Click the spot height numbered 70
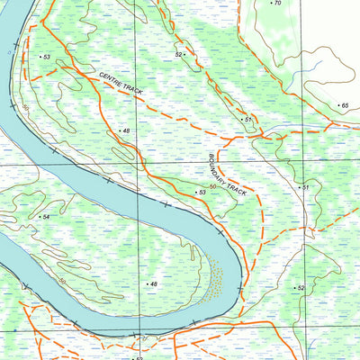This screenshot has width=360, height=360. pos(275,4)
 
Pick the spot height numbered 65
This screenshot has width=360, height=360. pos(342,106)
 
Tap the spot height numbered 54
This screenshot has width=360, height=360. pos(44,217)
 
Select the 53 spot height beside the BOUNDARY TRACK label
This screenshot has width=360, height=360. pos(202,193)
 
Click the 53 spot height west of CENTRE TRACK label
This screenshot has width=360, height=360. pos(44,57)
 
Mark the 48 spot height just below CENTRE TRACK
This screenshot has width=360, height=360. pos(124,131)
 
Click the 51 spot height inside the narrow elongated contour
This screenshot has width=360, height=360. pos(247,119)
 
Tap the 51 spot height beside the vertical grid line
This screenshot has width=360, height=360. pos(304,187)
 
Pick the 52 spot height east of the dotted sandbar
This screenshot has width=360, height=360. pos(300,287)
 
